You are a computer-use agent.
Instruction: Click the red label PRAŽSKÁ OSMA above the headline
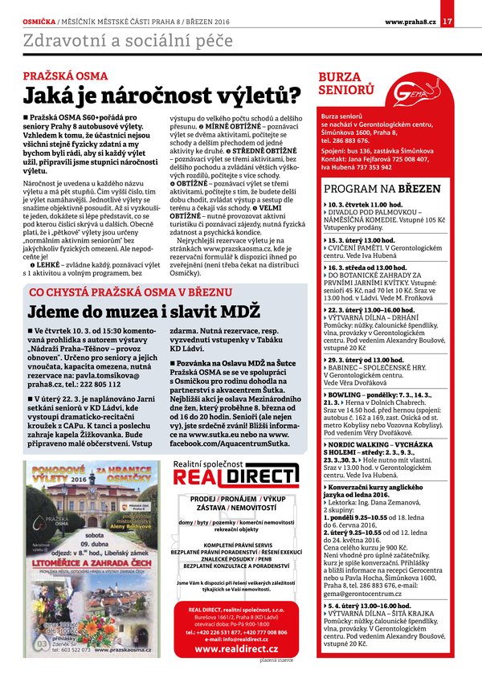tap(55, 76)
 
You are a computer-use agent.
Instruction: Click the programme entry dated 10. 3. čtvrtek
tap(358, 206)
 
